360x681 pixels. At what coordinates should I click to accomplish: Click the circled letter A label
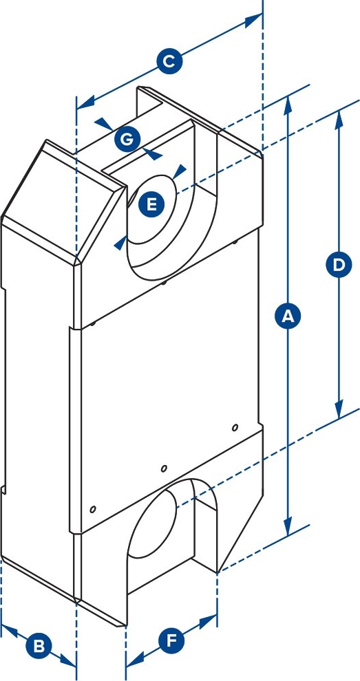click(288, 316)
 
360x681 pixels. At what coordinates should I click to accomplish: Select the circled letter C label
click(169, 62)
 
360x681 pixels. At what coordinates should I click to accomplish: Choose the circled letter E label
click(151, 204)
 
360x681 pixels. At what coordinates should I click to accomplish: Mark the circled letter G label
click(127, 140)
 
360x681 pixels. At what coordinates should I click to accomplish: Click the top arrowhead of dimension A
click(288, 105)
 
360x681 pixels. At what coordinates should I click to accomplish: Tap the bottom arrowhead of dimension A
click(288, 526)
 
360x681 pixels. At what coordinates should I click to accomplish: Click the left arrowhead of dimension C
click(85, 102)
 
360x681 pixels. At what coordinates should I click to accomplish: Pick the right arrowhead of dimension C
click(253, 21)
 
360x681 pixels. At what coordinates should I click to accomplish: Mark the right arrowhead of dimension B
click(68, 660)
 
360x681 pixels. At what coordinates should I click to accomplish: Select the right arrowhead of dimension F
click(209, 621)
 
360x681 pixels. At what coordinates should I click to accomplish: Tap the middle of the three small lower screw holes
click(164, 468)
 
